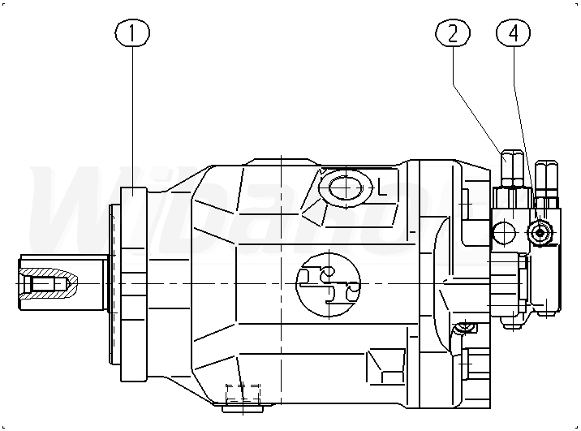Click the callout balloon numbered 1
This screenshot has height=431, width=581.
coord(133,33)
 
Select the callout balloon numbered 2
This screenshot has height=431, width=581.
coord(453,33)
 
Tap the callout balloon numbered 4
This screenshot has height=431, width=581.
coord(513,33)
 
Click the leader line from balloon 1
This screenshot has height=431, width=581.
coord(133,122)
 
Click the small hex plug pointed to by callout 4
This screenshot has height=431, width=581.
coord(540,233)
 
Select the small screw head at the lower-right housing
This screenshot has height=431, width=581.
coord(463,328)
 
